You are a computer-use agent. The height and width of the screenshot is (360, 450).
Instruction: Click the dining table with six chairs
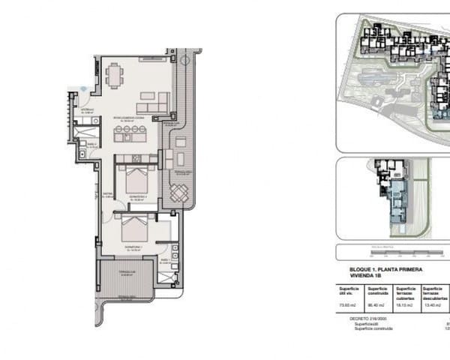pos(114,76)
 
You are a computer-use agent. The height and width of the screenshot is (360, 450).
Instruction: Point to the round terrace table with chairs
pos(178,193)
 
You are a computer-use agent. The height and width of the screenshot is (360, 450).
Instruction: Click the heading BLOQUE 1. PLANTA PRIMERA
pos(386,268)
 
